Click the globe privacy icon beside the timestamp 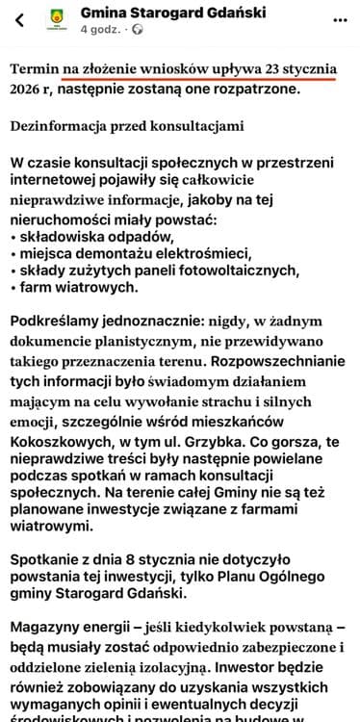[137, 30]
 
